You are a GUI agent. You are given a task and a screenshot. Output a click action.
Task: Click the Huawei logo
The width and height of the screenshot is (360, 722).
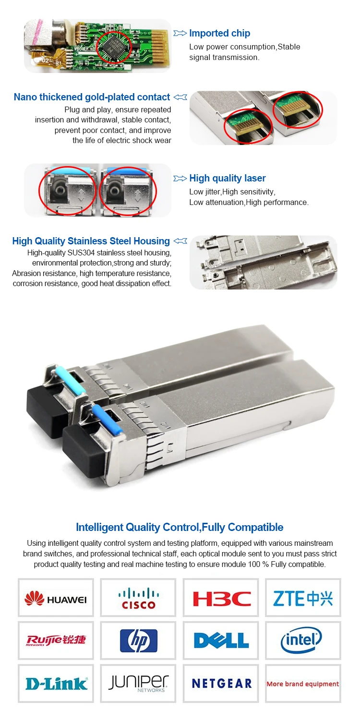(x=56, y=599)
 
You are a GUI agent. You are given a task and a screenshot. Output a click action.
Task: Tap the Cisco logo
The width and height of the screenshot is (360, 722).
(x=138, y=598)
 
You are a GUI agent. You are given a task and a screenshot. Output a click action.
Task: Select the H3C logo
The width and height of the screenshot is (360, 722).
(x=221, y=599)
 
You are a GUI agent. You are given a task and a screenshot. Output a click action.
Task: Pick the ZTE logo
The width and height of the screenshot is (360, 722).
(x=303, y=599)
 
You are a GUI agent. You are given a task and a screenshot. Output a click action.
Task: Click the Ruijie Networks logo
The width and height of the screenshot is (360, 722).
(x=56, y=640)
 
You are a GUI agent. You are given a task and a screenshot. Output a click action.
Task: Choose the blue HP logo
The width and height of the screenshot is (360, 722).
(x=138, y=640)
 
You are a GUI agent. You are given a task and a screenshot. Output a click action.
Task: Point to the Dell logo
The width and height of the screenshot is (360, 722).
(x=221, y=640)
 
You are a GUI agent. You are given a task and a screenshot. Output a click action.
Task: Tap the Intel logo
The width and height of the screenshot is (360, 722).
(x=301, y=640)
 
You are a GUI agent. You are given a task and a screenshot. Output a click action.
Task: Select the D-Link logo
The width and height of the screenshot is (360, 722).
(x=56, y=684)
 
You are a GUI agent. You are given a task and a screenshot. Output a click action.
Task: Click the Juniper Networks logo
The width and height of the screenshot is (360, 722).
(x=138, y=683)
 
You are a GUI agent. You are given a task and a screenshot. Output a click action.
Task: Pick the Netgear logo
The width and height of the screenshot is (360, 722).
(x=222, y=684)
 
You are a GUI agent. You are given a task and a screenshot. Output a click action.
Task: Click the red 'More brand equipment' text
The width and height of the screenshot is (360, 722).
(x=303, y=684)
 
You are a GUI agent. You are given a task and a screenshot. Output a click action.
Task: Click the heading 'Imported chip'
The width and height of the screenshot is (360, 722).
(x=219, y=33)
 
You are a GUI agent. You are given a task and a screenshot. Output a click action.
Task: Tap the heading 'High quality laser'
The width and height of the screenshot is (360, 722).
(x=228, y=178)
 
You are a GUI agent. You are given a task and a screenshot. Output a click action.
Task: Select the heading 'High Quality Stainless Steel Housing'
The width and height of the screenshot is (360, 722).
(x=91, y=241)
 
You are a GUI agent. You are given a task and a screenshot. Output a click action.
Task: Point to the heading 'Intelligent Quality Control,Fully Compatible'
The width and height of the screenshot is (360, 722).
(x=180, y=527)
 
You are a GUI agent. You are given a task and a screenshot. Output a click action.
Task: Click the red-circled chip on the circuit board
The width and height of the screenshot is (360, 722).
(x=114, y=47)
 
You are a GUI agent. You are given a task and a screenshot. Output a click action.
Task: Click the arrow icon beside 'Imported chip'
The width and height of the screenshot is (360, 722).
(x=180, y=33)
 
